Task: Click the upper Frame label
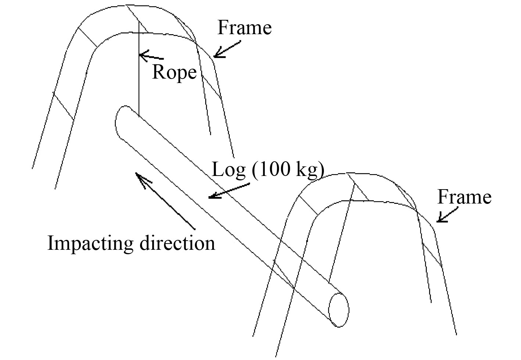pos(245,28)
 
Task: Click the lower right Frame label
pos(464,197)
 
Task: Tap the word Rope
pos(174,72)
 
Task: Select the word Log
pos(229,170)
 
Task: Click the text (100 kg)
pos(288,170)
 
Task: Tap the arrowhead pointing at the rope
pos(143,56)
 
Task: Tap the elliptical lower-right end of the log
pos(338,309)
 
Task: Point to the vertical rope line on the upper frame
pos(139,73)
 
